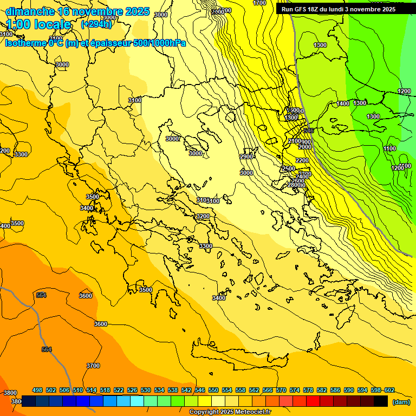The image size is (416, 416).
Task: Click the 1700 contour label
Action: coord(259,3)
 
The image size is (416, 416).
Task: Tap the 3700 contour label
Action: coord(93,366)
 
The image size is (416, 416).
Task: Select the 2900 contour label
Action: coord(246,157)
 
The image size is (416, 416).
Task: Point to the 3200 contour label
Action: coord(203,216)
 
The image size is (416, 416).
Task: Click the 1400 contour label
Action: coord(343,103)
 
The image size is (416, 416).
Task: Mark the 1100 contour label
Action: coord(389,148)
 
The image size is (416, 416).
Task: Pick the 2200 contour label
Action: coord(302,160)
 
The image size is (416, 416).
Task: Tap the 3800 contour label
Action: coord(10,393)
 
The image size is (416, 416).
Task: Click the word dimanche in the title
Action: coord(30,11)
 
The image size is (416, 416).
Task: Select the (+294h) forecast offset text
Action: coord(96,24)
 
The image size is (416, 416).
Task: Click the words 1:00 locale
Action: coord(38,24)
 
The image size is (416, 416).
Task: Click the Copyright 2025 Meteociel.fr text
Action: coord(229,412)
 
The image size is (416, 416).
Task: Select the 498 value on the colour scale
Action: coord(37,390)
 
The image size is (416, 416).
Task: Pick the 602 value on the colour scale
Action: coord(389,390)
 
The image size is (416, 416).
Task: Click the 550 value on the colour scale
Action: coord(213,390)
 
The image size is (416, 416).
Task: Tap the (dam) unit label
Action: coord(401,401)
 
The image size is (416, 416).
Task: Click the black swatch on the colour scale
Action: coord(381,401)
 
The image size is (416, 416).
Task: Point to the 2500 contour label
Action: coord(289,168)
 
